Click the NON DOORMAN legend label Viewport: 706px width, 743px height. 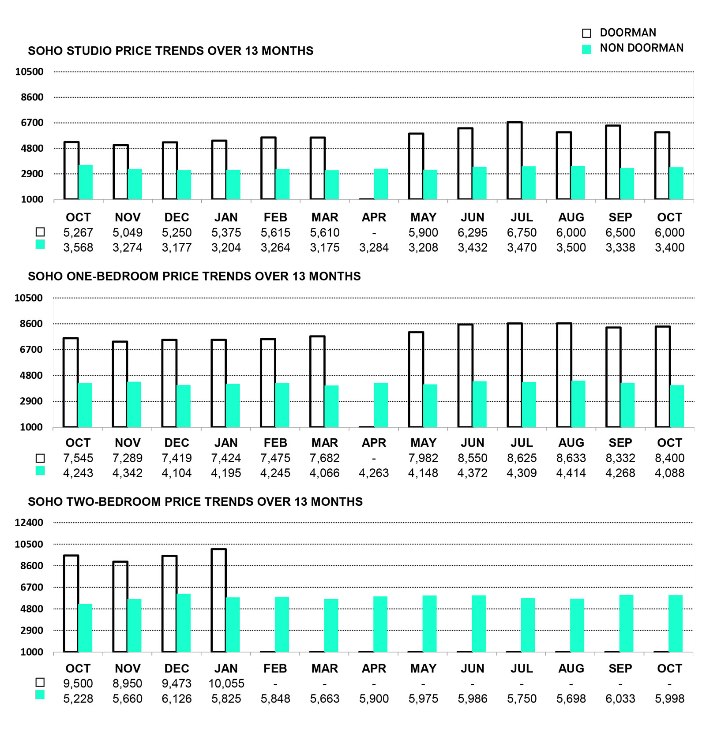[641, 48]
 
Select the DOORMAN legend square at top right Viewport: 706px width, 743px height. [586, 33]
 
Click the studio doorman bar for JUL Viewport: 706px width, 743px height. [514, 161]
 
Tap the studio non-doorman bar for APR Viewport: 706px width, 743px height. [381, 184]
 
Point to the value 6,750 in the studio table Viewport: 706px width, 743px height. [522, 233]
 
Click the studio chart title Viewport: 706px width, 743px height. [170, 51]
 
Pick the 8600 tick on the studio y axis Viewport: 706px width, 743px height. [32, 97]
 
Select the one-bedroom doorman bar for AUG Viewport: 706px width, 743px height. [564, 375]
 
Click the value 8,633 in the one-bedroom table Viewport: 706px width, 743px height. [571, 458]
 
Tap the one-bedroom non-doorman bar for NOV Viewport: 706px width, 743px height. [134, 404]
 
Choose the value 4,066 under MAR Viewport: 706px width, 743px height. [324, 473]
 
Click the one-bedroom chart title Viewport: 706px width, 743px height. [194, 276]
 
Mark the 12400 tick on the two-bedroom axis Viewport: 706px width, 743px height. [29, 523]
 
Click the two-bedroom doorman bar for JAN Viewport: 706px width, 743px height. [219, 600]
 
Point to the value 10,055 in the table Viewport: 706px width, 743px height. [226, 683]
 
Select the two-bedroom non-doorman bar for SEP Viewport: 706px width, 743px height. [626, 623]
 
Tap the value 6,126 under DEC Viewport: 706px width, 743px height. [176, 698]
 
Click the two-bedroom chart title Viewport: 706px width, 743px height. [195, 502]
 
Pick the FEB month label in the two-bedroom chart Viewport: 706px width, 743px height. [275, 668]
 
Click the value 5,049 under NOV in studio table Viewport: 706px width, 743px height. [127, 233]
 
